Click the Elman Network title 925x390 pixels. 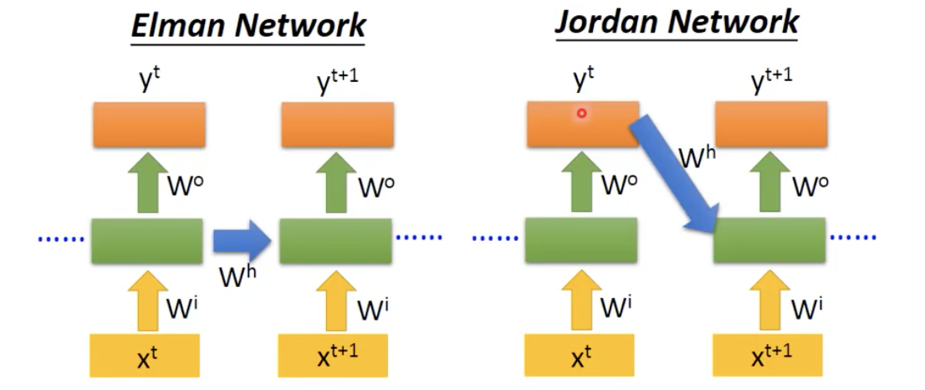(x=248, y=25)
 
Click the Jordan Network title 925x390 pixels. (x=677, y=23)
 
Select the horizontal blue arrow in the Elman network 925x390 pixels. (x=241, y=241)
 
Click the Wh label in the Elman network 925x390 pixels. (x=234, y=275)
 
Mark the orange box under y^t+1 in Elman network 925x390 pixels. (x=335, y=125)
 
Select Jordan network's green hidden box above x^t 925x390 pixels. (x=581, y=241)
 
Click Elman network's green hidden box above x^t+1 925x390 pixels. (x=335, y=241)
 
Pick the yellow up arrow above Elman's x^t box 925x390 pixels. (x=146, y=299)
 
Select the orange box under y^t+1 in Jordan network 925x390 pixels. (x=769, y=125)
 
